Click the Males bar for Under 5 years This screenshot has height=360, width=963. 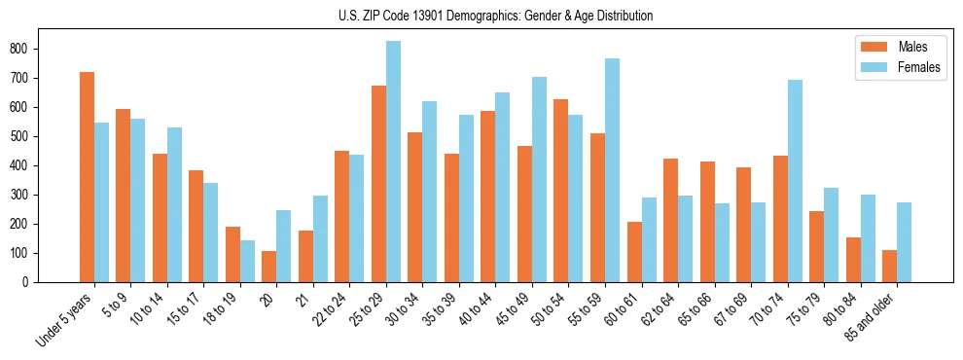click(87, 177)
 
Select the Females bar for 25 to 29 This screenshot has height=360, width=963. click(393, 162)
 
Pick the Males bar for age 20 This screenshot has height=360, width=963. click(269, 267)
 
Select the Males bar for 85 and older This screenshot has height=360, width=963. click(889, 266)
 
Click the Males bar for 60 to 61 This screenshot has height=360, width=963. click(634, 252)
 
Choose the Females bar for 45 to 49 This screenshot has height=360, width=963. click(539, 179)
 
